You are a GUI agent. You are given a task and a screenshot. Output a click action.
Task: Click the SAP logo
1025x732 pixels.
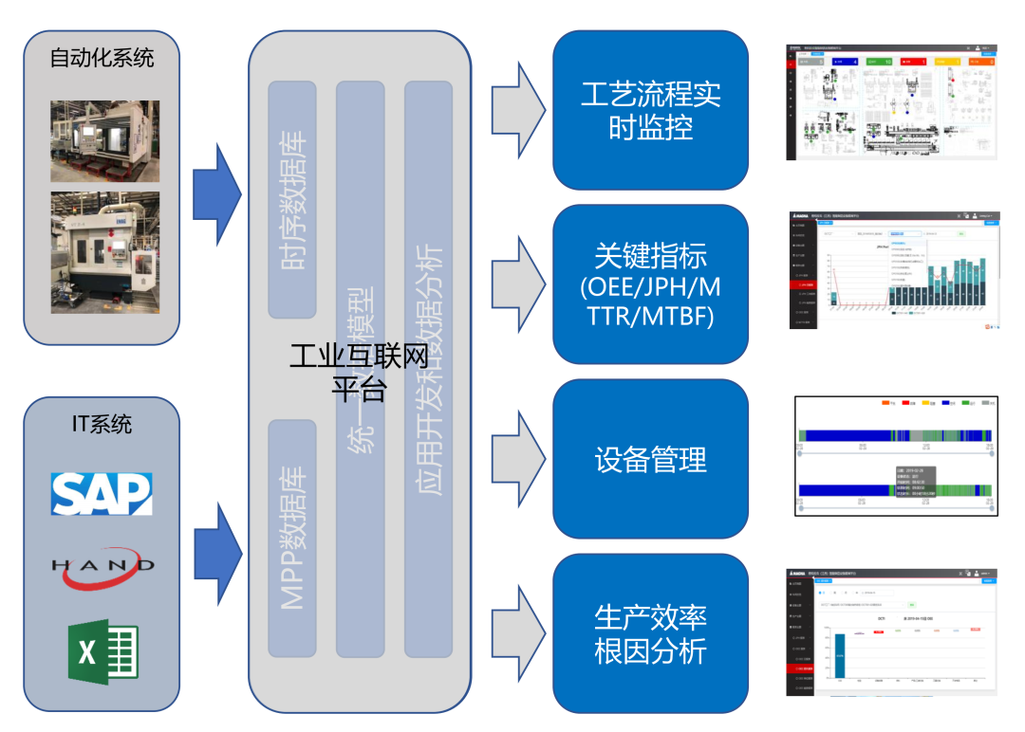[x=102, y=493]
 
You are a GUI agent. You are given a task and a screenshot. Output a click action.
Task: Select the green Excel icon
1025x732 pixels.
[x=102, y=650]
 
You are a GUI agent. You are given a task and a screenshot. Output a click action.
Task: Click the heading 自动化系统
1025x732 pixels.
[x=102, y=58]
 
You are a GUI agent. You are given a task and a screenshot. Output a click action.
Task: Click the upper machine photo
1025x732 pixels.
[x=104, y=140]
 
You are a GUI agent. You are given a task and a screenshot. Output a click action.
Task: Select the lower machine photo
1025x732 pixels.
[x=104, y=252]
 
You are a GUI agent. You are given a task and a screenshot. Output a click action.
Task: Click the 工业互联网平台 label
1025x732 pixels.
[x=359, y=373]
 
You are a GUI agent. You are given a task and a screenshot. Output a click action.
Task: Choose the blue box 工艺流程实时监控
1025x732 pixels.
[x=650, y=109]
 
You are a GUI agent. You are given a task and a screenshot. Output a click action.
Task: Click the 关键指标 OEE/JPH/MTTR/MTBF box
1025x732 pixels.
[x=650, y=284]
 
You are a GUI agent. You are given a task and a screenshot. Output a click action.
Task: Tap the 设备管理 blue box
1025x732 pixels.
[x=650, y=459]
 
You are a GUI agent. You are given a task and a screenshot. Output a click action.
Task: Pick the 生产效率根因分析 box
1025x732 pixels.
[x=650, y=633]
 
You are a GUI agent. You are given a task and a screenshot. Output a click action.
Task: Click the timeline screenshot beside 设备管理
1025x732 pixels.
[x=896, y=456]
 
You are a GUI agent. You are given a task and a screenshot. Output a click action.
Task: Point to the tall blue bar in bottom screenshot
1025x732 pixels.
[x=839, y=655]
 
